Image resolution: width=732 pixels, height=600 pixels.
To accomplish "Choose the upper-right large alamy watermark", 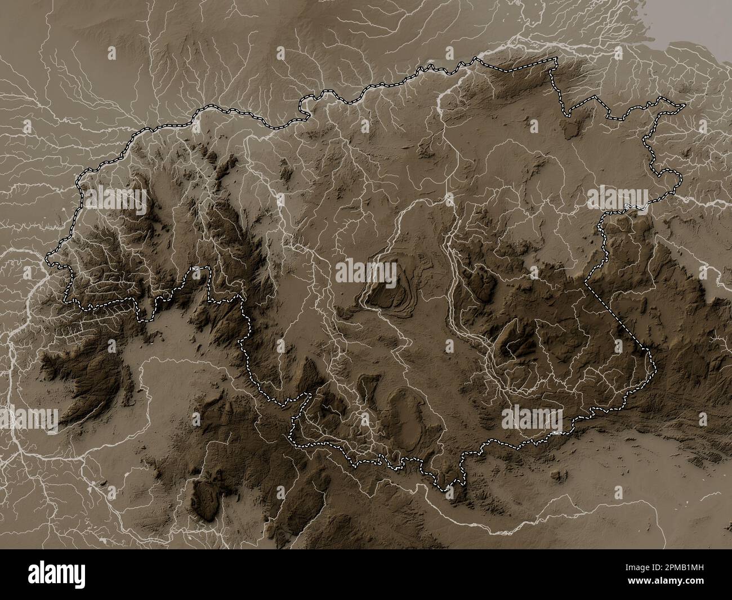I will [x=617, y=198].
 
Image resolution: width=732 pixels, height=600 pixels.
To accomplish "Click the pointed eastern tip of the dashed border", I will [x=685, y=105].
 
